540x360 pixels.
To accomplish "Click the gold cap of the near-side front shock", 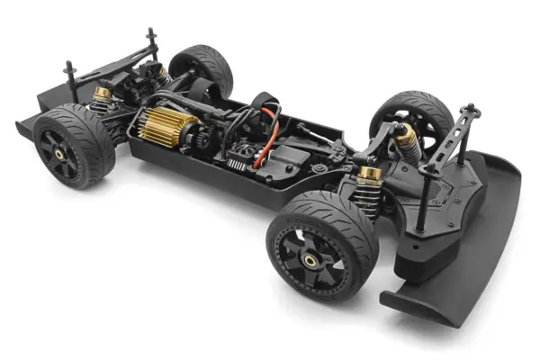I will click(368, 171).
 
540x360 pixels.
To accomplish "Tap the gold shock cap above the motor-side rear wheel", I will click(103, 93).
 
